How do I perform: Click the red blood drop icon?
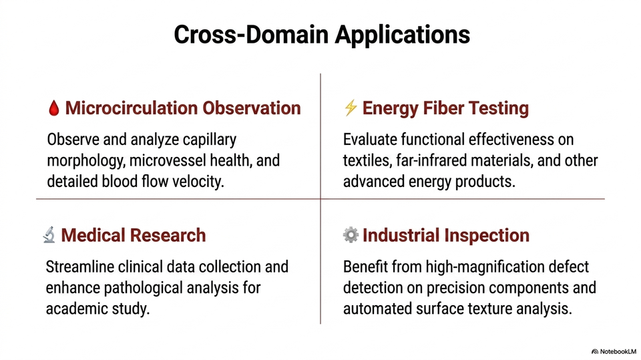[53, 108]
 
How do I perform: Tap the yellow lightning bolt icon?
[351, 108]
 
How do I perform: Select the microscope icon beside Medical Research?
[49, 235]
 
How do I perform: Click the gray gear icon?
[351, 235]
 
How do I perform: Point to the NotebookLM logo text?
[618, 351]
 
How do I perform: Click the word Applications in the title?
[402, 34]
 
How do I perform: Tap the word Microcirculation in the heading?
[132, 108]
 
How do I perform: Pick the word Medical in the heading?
[93, 235]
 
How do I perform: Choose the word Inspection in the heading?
[487, 236]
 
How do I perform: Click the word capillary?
[209, 140]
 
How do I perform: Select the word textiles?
[367, 160]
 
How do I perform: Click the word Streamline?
[80, 266]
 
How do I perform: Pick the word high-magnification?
[480, 267]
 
